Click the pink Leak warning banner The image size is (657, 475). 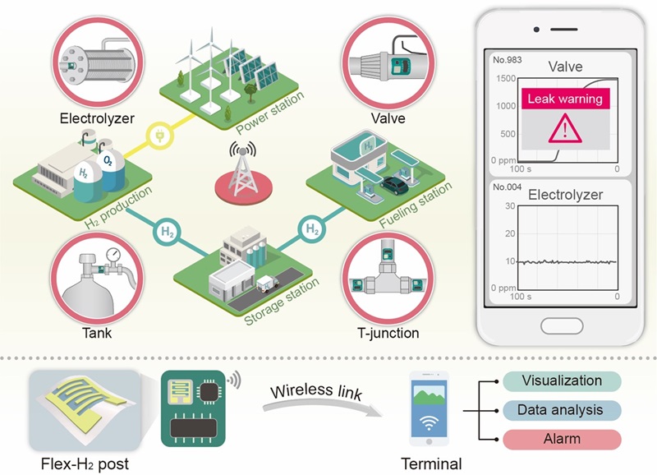coord(565,99)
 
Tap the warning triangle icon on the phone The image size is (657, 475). coord(565,129)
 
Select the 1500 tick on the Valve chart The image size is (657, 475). coord(506,78)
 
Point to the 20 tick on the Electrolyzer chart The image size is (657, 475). coord(510,233)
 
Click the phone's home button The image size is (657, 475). coord(562,325)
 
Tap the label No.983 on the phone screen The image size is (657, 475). coord(507,60)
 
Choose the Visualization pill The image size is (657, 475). coord(562,380)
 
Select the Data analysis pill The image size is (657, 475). coord(562,410)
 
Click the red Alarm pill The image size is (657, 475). coord(562,439)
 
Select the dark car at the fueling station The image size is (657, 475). coord(394,185)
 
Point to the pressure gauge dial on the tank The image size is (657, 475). coord(113,254)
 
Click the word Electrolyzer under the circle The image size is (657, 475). coord(97,118)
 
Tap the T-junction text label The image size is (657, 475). coord(388,333)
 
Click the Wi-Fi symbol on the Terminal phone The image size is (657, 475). coord(429,422)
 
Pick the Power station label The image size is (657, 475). coord(270,113)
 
